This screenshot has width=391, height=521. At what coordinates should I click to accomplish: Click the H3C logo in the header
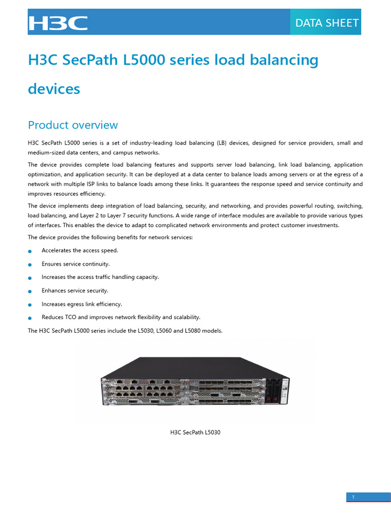coord(58,23)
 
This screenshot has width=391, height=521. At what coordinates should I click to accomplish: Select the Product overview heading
coord(73,125)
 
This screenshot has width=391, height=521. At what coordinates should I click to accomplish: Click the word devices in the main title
coord(54,89)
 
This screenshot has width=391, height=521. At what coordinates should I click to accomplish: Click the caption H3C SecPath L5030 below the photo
coord(195,432)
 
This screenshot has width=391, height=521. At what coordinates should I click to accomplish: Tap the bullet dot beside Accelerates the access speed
coord(30,251)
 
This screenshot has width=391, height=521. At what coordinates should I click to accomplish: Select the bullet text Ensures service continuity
coord(75,264)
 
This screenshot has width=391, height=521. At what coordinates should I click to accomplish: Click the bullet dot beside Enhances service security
coord(30,291)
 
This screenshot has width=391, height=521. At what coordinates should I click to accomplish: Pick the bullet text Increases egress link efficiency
coord(81,304)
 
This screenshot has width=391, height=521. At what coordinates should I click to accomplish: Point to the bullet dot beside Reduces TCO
coord(30,317)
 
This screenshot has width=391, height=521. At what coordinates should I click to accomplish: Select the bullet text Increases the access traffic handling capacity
coord(100,277)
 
